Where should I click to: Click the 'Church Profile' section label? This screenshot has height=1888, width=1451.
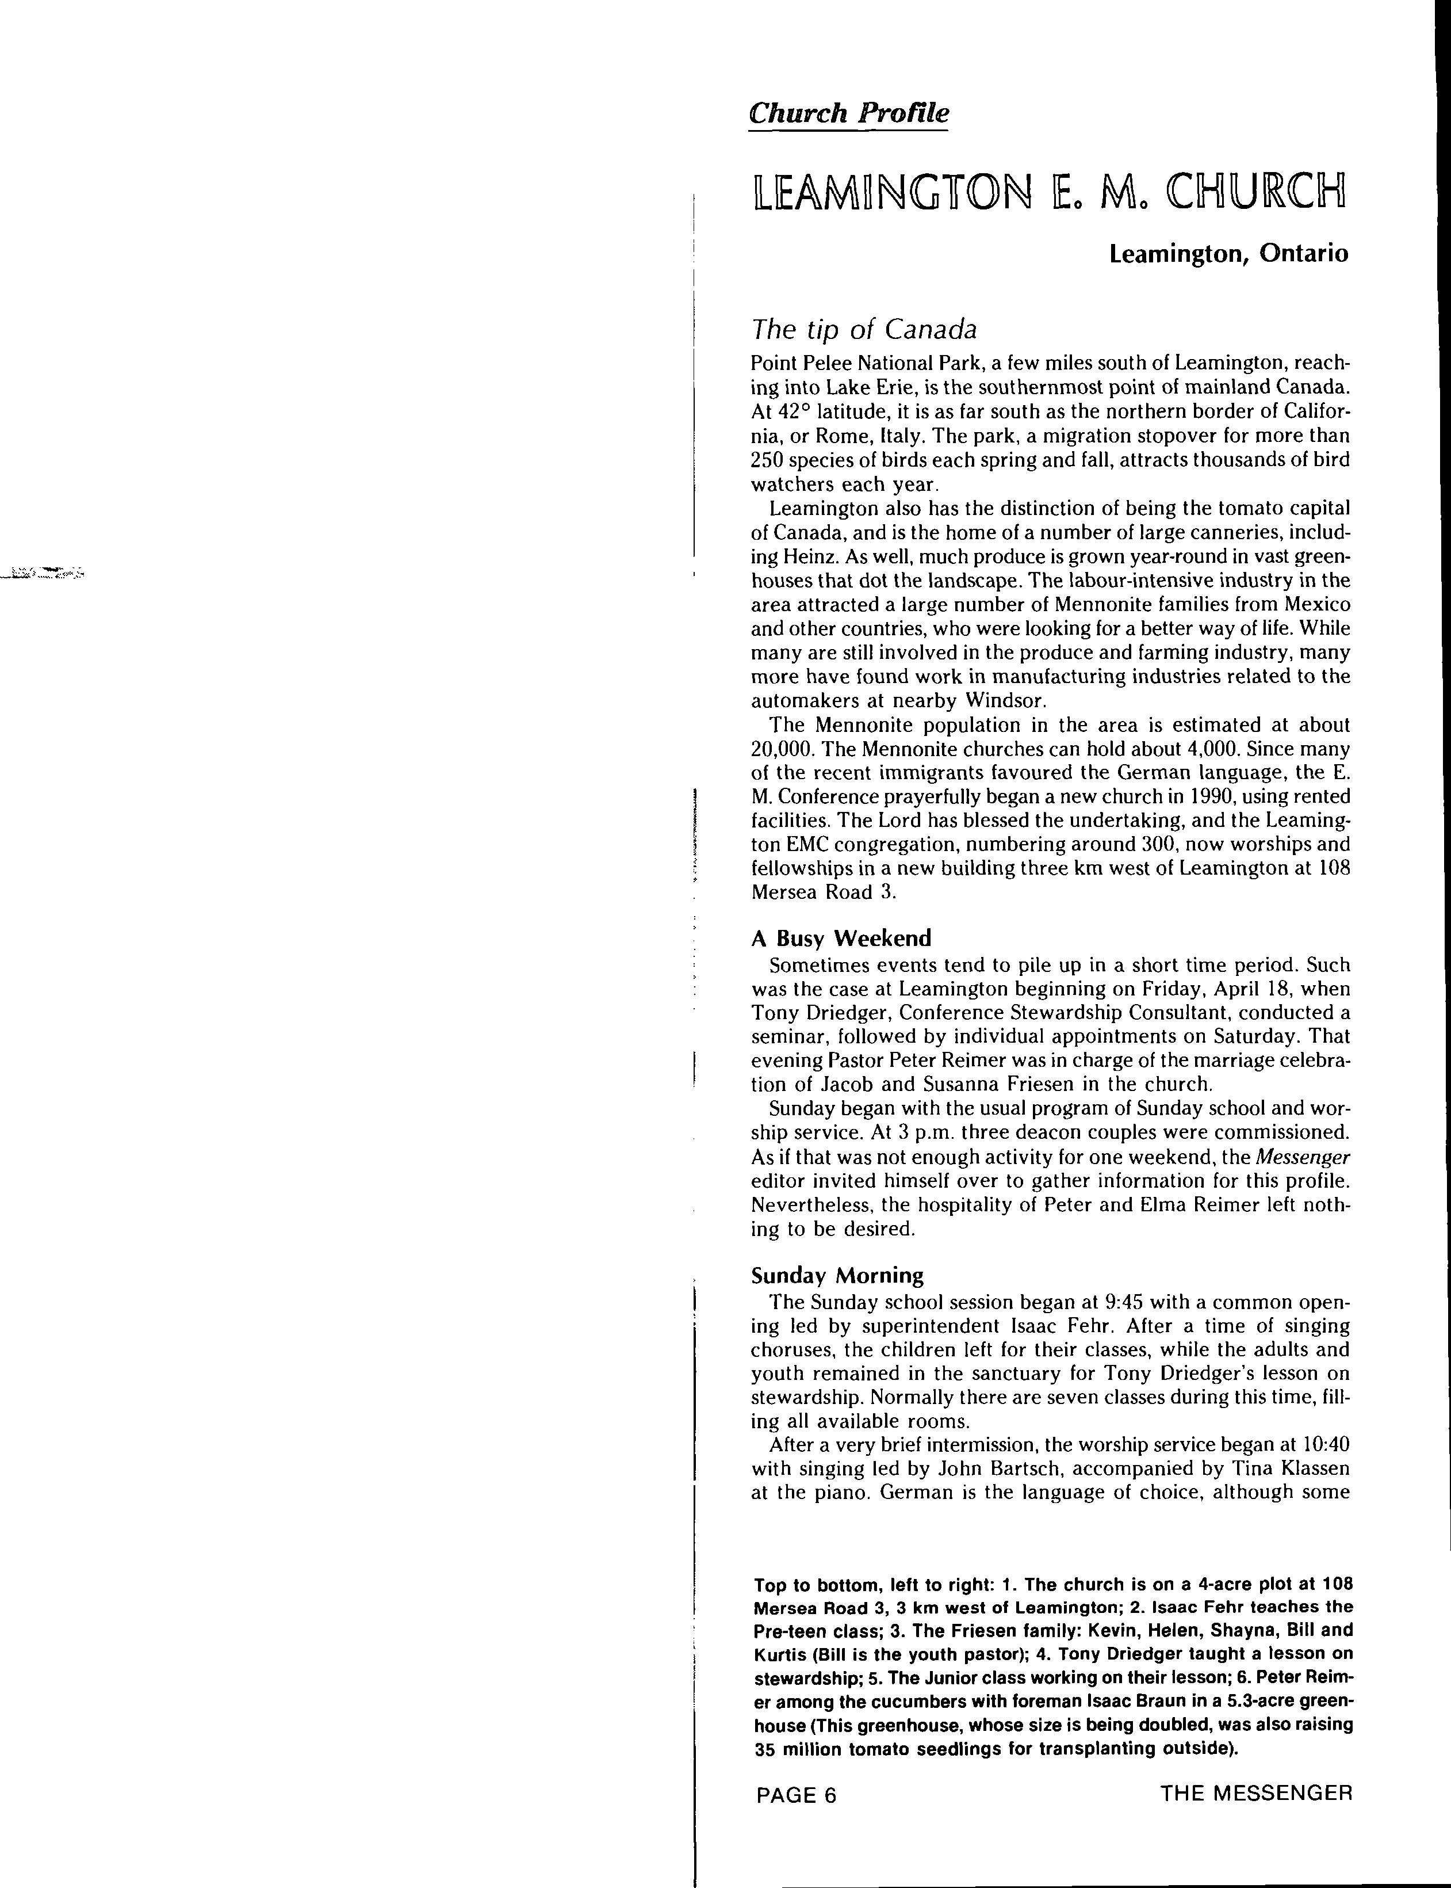[848, 113]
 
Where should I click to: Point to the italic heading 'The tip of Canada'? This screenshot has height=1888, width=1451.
[864, 330]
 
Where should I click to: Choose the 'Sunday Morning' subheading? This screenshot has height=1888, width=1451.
[837, 1275]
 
